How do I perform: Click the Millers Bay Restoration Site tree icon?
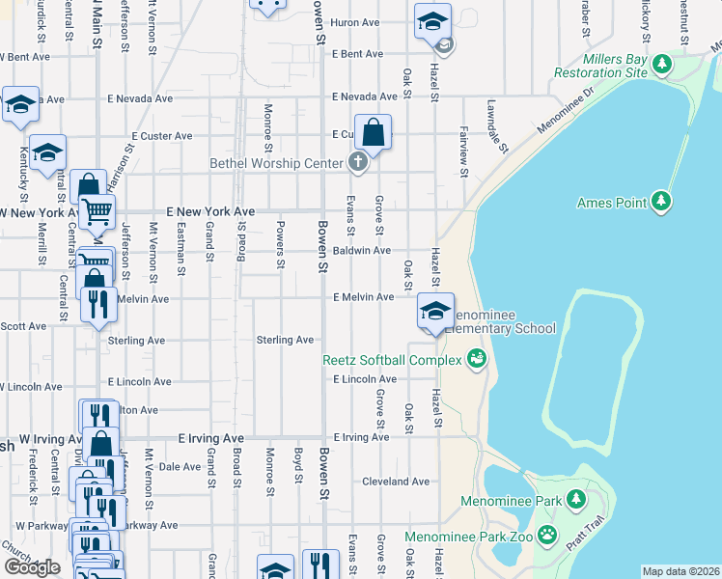point(661,65)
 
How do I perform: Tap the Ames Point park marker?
point(661,201)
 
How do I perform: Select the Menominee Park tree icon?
point(576,499)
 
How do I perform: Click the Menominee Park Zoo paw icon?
point(547,534)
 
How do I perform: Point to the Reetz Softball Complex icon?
point(475,359)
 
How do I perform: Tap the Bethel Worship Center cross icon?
point(358,161)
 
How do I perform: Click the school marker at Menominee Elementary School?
point(435,312)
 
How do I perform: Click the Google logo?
point(32,566)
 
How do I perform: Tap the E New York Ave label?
point(210,211)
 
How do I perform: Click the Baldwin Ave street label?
point(362,251)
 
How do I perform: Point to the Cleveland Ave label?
point(396,482)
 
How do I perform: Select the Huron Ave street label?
point(357,21)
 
